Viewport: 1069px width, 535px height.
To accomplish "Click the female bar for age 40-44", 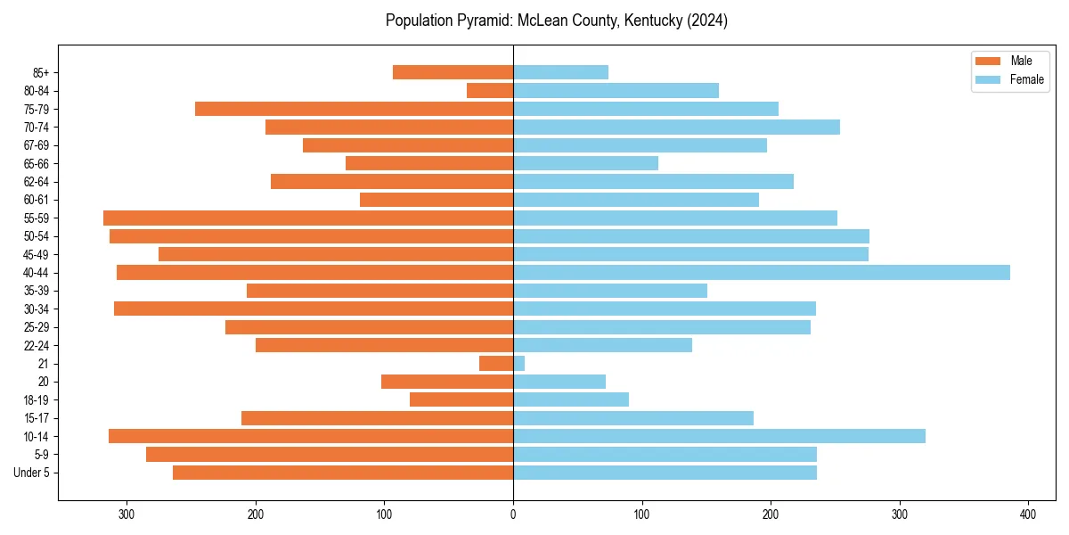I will pyautogui.click(x=762, y=272).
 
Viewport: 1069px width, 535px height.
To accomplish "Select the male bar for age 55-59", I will pyautogui.click(x=308, y=218).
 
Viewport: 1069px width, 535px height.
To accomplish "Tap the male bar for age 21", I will pyautogui.click(x=496, y=363).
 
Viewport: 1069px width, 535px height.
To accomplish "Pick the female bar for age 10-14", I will pyautogui.click(x=719, y=436).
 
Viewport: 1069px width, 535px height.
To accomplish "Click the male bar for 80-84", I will pyautogui.click(x=490, y=90).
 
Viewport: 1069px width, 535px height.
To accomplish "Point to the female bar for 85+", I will pyautogui.click(x=560, y=72).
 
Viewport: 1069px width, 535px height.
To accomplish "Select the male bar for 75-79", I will pyautogui.click(x=354, y=109).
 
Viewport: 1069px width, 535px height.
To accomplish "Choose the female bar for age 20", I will pyautogui.click(x=559, y=382).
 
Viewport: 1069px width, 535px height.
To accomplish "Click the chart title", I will pyautogui.click(x=557, y=21).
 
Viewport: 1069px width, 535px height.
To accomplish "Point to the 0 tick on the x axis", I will pyautogui.click(x=513, y=514).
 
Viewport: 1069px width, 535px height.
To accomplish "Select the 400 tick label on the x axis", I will pyautogui.click(x=1028, y=514).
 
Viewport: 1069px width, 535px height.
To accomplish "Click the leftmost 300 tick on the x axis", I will pyautogui.click(x=126, y=514).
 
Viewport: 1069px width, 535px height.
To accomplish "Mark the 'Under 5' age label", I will pyautogui.click(x=31, y=473).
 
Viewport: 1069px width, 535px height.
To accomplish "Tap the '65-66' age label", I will pyautogui.click(x=36, y=163).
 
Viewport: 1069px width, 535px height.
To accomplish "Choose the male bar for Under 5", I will pyautogui.click(x=343, y=473).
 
